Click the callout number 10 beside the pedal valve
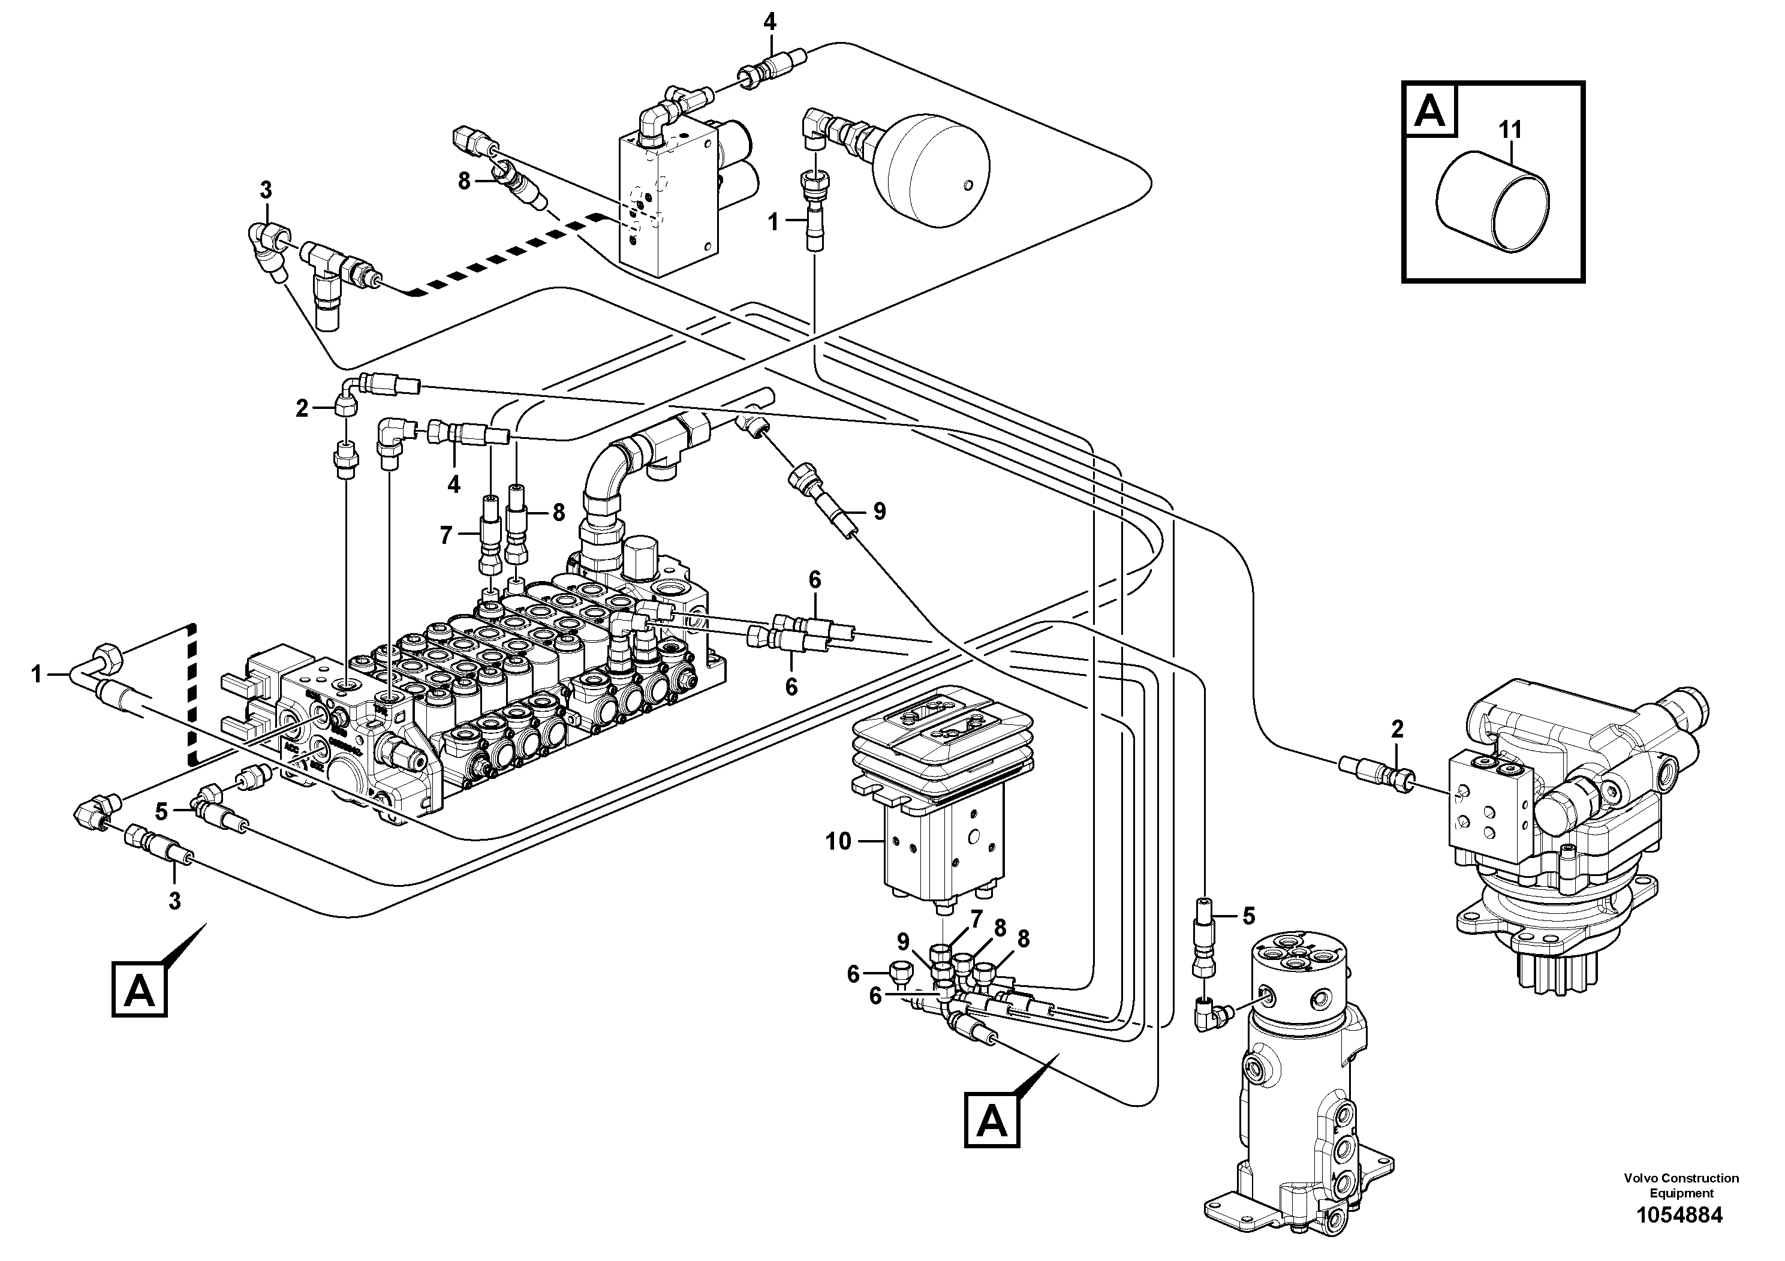(x=838, y=841)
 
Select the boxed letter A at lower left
(x=139, y=990)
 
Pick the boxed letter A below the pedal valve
(x=992, y=1121)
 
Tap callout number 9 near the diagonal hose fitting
(x=879, y=511)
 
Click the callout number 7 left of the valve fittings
(x=446, y=535)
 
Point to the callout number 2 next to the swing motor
(x=1397, y=729)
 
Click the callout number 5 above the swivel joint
(x=1248, y=916)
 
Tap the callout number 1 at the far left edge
(x=37, y=674)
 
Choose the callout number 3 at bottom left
(x=174, y=901)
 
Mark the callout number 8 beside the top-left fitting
(x=464, y=181)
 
